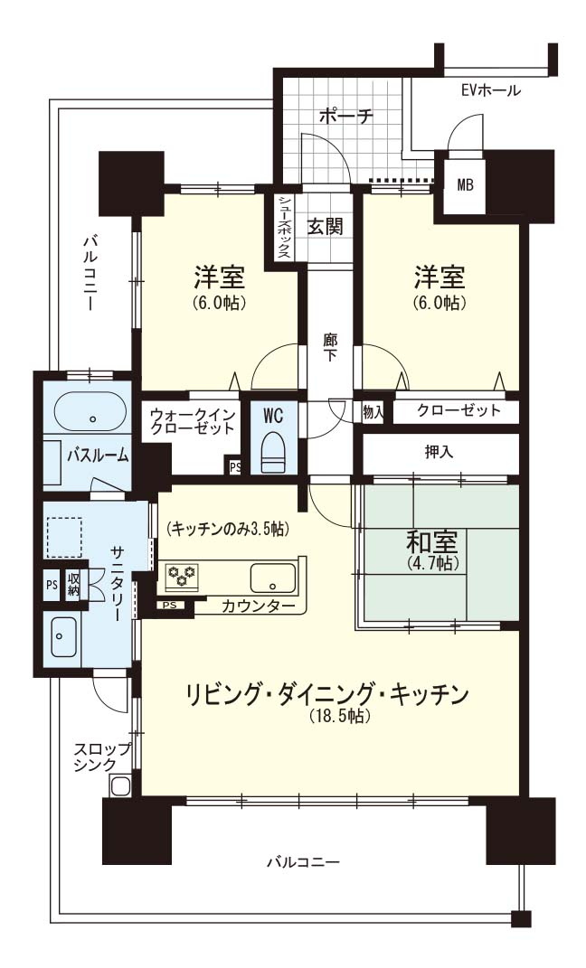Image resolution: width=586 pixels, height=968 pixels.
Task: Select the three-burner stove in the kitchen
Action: [183, 576]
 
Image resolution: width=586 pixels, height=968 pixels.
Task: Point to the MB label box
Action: [465, 184]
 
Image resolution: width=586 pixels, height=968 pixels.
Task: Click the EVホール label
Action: [491, 90]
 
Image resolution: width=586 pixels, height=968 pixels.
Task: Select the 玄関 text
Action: [325, 227]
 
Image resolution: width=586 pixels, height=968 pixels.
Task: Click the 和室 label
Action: [431, 541]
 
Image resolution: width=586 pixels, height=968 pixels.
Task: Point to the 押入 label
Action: [439, 453]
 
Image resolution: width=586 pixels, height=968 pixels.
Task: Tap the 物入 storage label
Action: [373, 413]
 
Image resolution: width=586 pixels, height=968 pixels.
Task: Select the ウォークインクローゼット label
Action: [193, 420]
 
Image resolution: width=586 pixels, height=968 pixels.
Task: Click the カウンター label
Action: [258, 606]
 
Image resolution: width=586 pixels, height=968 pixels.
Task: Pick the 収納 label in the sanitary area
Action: [73, 583]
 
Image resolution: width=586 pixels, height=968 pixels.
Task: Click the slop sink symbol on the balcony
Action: [119, 786]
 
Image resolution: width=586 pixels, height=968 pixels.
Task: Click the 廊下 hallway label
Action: [329, 348]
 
